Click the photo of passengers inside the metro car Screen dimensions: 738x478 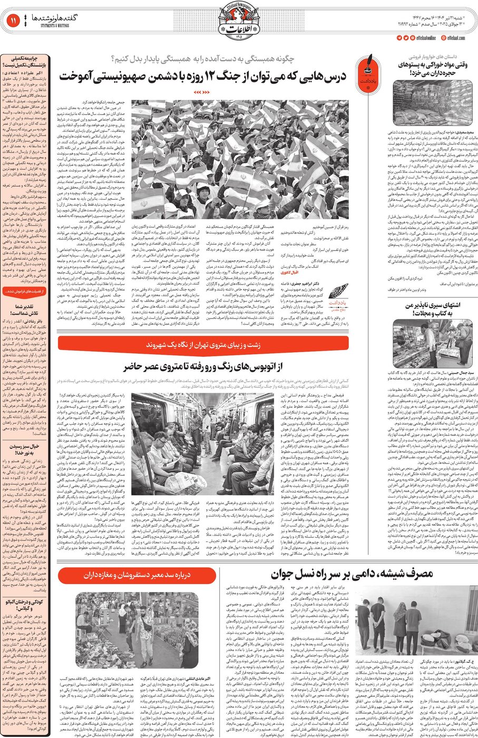[202, 444]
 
